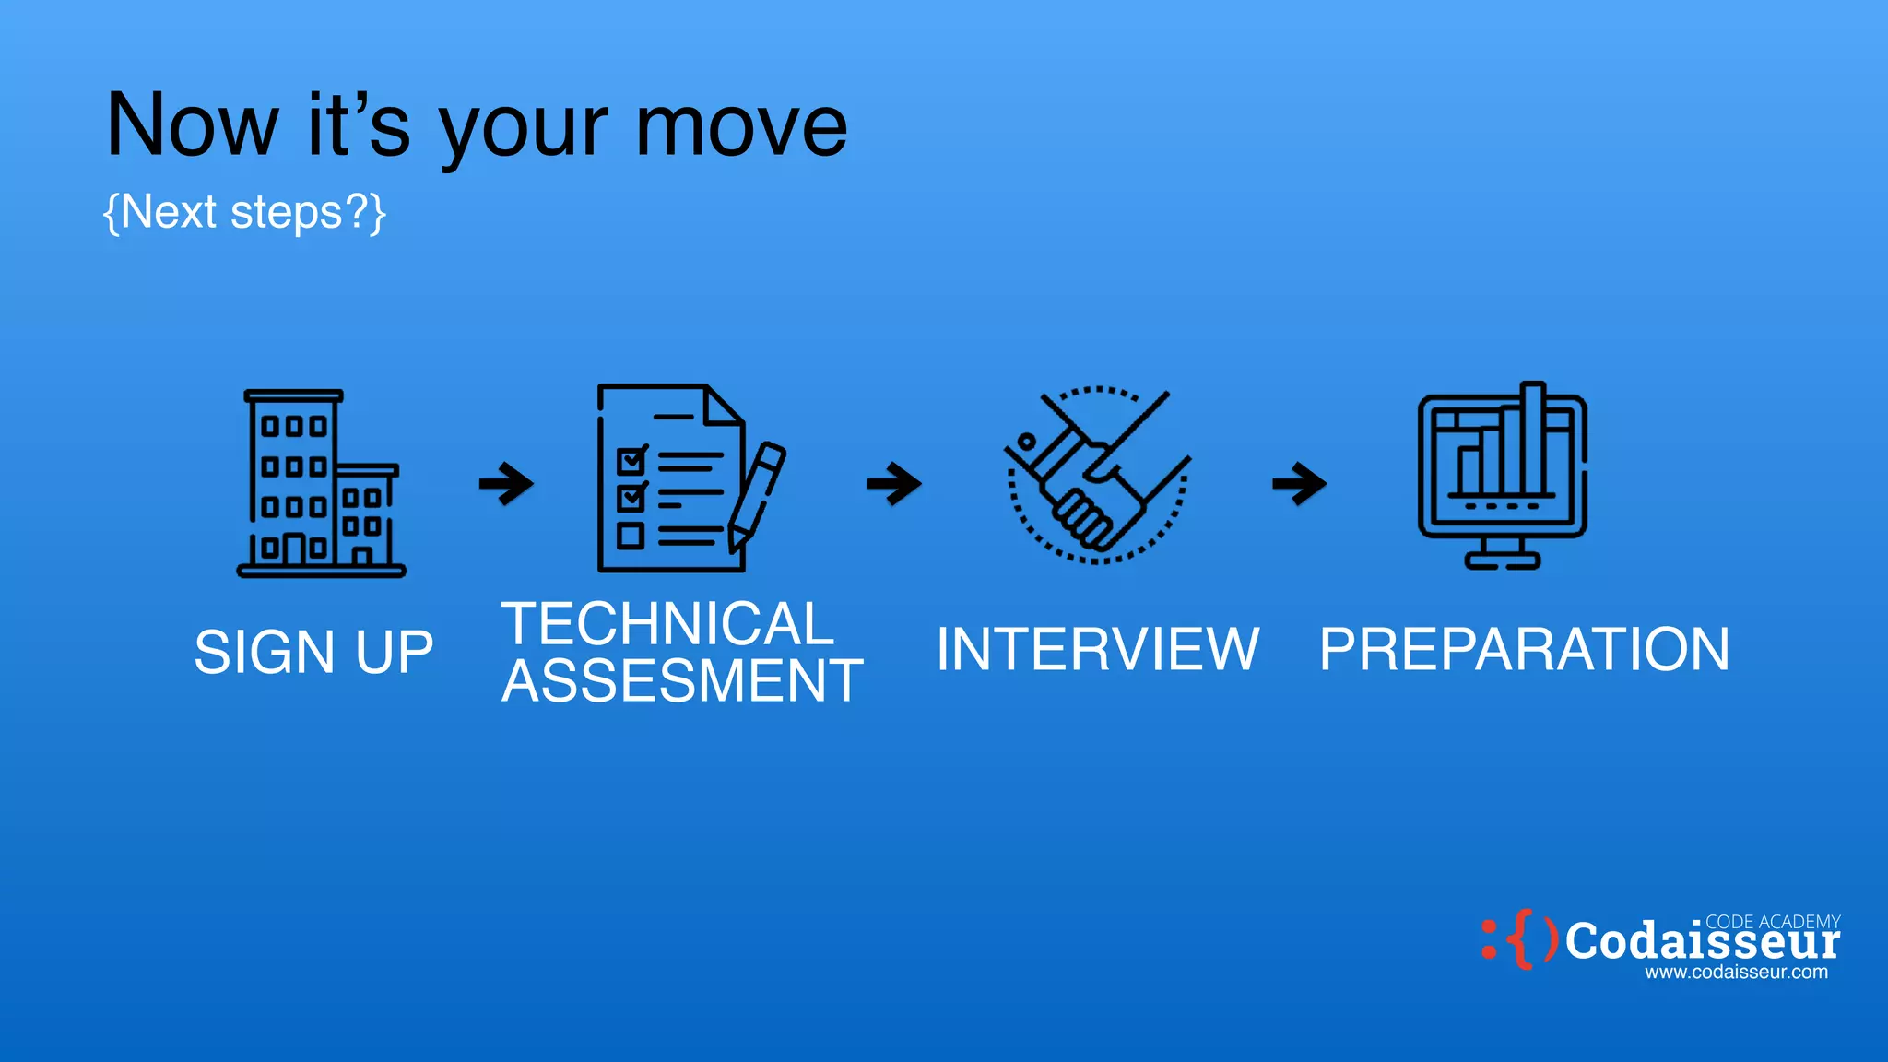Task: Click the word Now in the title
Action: point(192,126)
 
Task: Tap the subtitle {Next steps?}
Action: point(244,213)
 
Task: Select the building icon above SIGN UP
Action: point(321,483)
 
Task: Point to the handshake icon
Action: point(1097,476)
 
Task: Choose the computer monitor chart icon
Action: point(1502,476)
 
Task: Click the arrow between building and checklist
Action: point(506,483)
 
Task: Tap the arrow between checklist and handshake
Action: point(894,483)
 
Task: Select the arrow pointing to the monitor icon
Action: point(1299,483)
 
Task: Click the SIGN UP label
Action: point(313,653)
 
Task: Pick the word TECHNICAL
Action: point(667,624)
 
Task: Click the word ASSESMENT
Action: point(682,681)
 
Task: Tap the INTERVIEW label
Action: point(1097,649)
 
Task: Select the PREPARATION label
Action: point(1524,649)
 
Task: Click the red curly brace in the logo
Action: point(1523,939)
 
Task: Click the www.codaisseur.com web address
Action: point(1736,973)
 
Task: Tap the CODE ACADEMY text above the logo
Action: point(1772,922)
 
